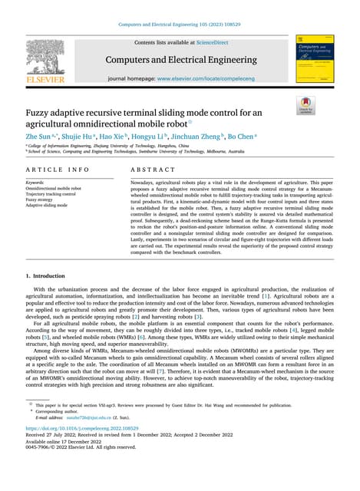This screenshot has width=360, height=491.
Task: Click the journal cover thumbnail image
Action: coord(312,61)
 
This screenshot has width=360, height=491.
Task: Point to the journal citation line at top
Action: coord(179,24)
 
